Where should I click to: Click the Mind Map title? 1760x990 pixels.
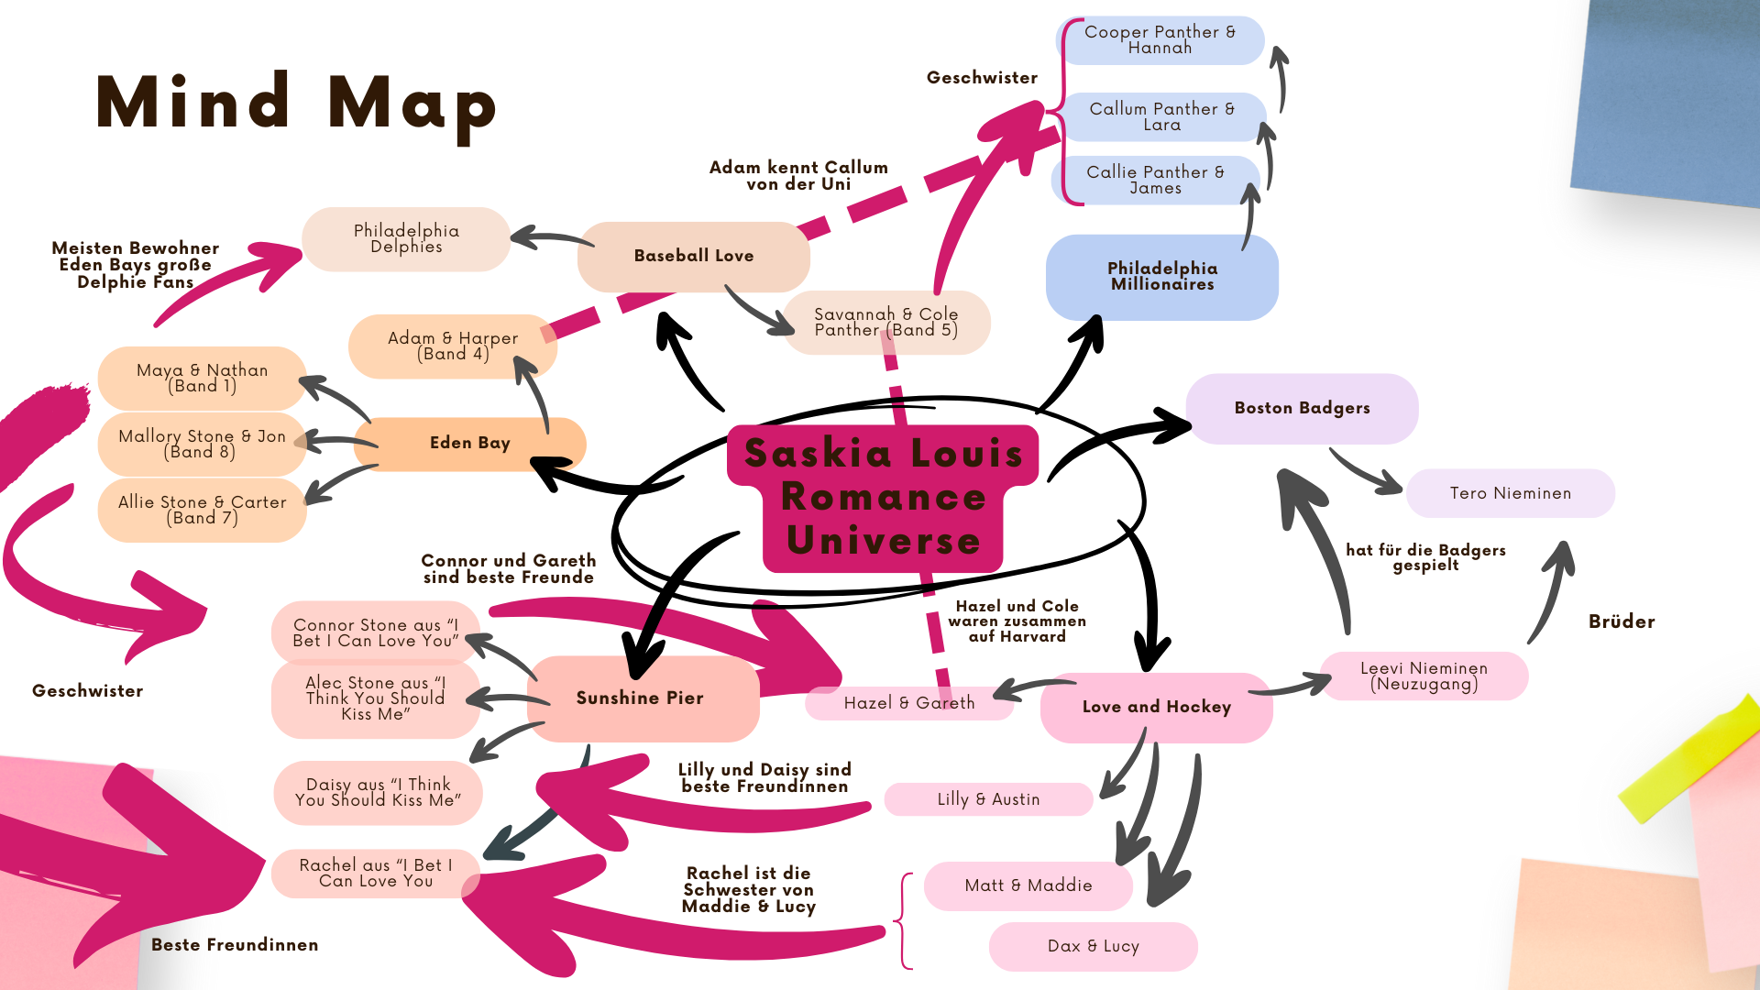(296, 103)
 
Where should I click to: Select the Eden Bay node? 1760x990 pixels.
(469, 444)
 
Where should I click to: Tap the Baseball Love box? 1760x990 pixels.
(693, 257)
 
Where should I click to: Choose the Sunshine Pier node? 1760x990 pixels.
(640, 698)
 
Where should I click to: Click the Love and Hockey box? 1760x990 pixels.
(1156, 707)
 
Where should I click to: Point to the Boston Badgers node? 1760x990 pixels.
(1302, 409)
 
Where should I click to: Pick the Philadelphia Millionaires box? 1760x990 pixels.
(1161, 277)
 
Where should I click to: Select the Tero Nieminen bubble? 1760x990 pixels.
(1510, 493)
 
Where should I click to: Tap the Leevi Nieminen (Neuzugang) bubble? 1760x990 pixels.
(1424, 676)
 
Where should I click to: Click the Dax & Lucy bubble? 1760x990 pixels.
(1093, 946)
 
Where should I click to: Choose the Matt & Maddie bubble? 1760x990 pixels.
(1028, 885)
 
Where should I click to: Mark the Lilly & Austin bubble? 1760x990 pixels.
(988, 799)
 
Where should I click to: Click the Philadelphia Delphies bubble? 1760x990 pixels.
(406, 239)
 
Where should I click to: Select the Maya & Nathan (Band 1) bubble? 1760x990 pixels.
(202, 378)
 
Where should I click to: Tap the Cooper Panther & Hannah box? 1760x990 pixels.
(1160, 40)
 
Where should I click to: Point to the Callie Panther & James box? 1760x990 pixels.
(1155, 180)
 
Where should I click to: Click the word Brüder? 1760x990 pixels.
(1621, 621)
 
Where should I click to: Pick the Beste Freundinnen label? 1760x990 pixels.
(235, 945)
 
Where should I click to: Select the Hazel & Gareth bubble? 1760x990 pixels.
(908, 703)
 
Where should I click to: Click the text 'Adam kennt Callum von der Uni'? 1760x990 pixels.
(798, 176)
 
